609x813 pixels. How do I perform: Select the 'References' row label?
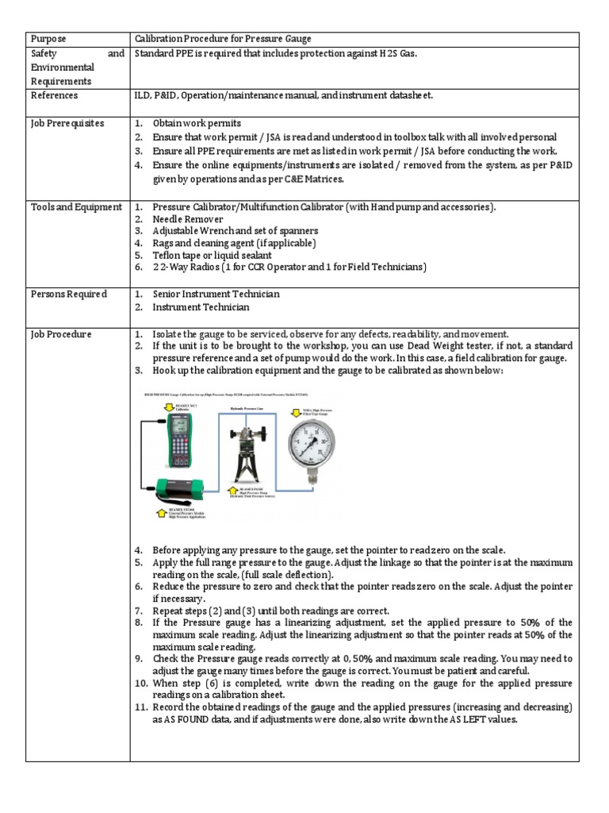pos(54,95)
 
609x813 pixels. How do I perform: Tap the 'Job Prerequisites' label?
pos(67,124)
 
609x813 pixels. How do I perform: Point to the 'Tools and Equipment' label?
pos(76,207)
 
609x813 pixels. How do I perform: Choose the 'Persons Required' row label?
pos(68,294)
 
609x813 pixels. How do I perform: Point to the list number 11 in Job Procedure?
pos(140,707)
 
